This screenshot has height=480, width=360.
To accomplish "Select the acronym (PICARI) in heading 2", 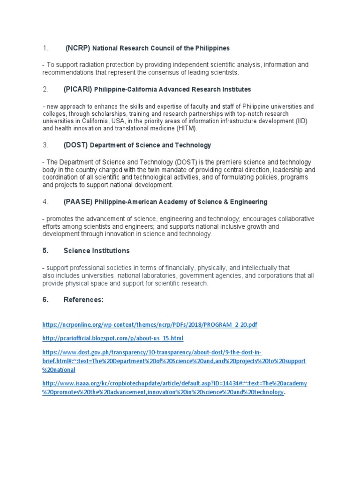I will coord(78,89).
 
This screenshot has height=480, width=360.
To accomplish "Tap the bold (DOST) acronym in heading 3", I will coord(75,145).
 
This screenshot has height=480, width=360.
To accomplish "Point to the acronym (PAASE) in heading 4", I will coord(78,202).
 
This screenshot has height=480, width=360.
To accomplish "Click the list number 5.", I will coord(45,251).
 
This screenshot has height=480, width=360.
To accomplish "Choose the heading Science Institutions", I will coord(97,251).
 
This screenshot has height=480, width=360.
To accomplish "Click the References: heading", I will coord(83,300).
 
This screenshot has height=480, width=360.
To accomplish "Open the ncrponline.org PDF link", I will coord(150,324).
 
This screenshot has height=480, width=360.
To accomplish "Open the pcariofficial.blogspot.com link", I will coord(113,338).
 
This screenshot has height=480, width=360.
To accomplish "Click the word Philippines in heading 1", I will coord(211,48).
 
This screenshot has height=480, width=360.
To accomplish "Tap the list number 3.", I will coord(45,145).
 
